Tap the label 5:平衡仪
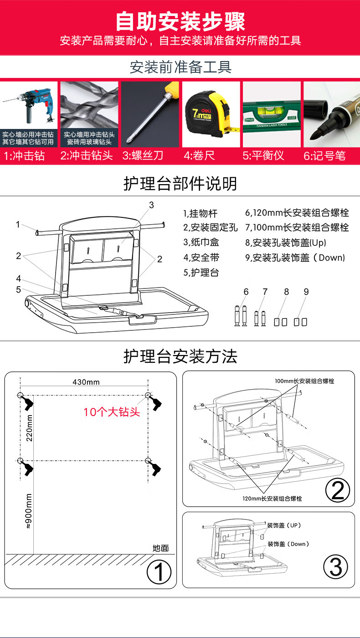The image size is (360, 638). point(263,155)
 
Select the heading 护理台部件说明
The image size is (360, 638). point(180,183)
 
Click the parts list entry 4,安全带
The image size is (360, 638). point(201,257)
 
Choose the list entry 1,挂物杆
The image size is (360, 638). point(200,213)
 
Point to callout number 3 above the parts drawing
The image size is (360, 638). point(151,205)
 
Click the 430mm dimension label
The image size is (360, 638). point(86,382)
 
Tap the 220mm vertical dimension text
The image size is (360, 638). point(29,428)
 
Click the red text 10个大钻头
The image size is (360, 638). point(112,412)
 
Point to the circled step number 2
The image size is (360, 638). point(338,490)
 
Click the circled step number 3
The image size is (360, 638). point(336,567)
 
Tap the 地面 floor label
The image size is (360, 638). point(160,548)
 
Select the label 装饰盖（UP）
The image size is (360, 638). point(284,525)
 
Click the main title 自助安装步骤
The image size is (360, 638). point(180,21)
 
